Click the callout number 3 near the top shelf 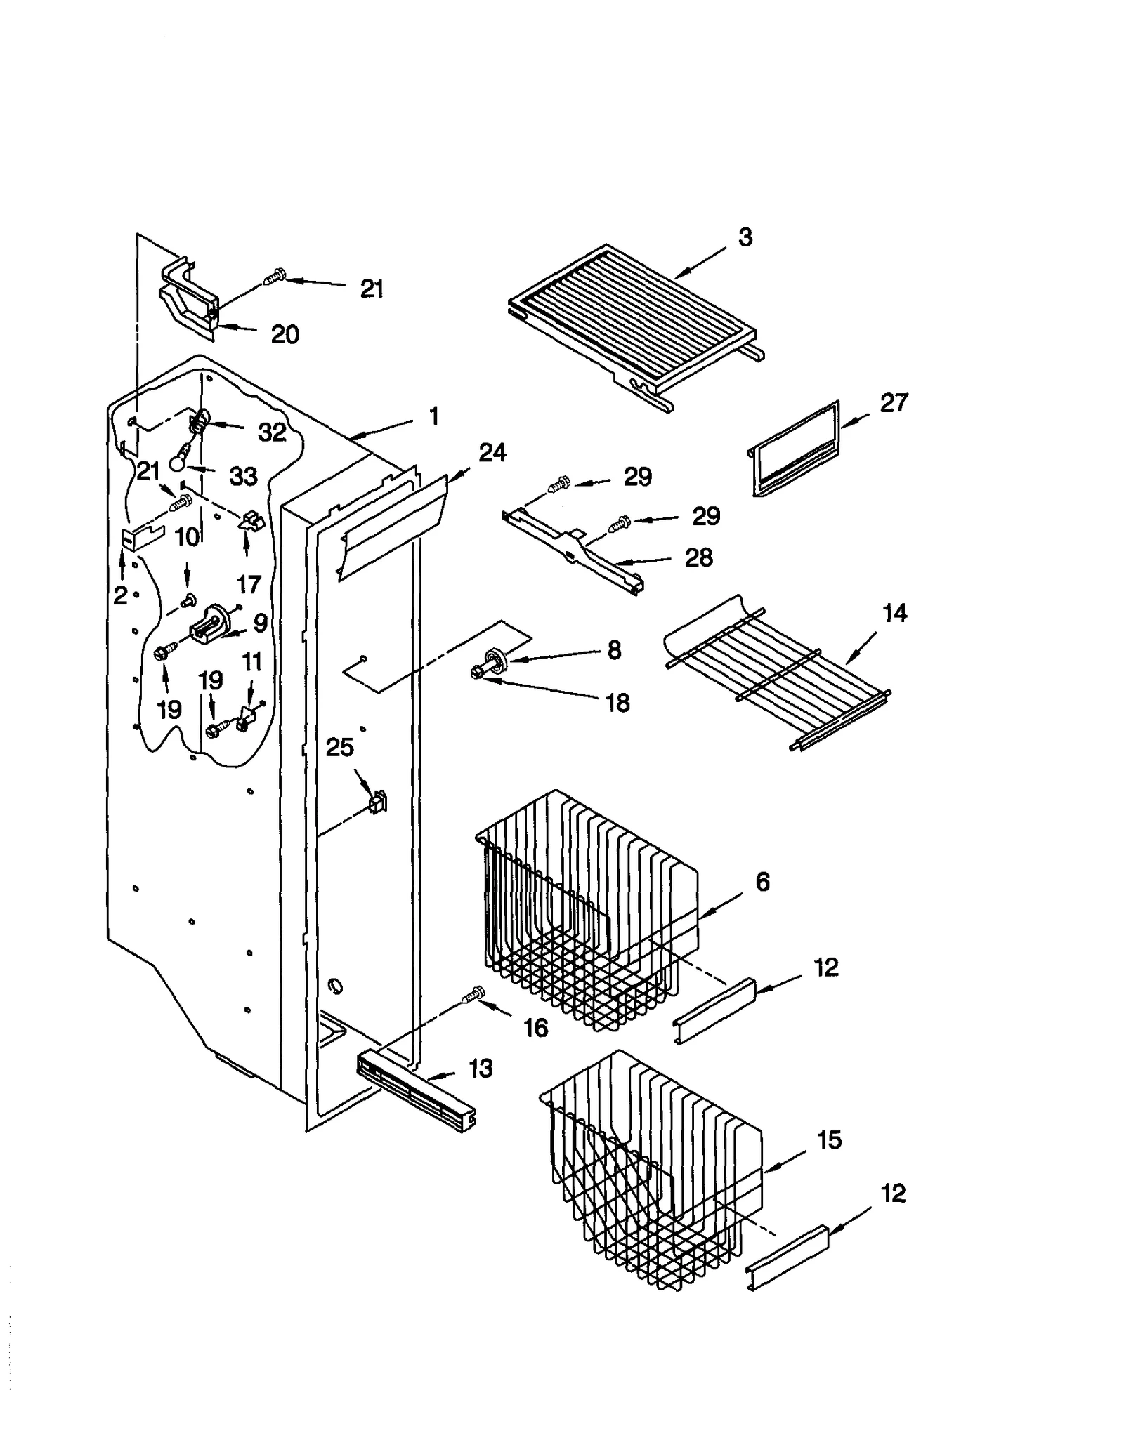[x=745, y=237]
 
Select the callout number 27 [x=893, y=403]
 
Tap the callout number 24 [x=492, y=453]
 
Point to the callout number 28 [x=698, y=558]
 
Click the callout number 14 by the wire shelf [x=894, y=614]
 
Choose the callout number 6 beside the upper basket [x=762, y=882]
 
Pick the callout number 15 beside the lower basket [x=828, y=1140]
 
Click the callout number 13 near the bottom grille [x=481, y=1069]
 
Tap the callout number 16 [x=535, y=1028]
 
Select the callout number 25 [x=339, y=748]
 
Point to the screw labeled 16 [x=475, y=993]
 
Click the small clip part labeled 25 [x=378, y=801]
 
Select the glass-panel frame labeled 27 [x=795, y=449]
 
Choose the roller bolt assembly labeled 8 [x=492, y=663]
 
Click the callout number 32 [x=272, y=432]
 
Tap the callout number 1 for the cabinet [x=434, y=416]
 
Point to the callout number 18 [x=617, y=703]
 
